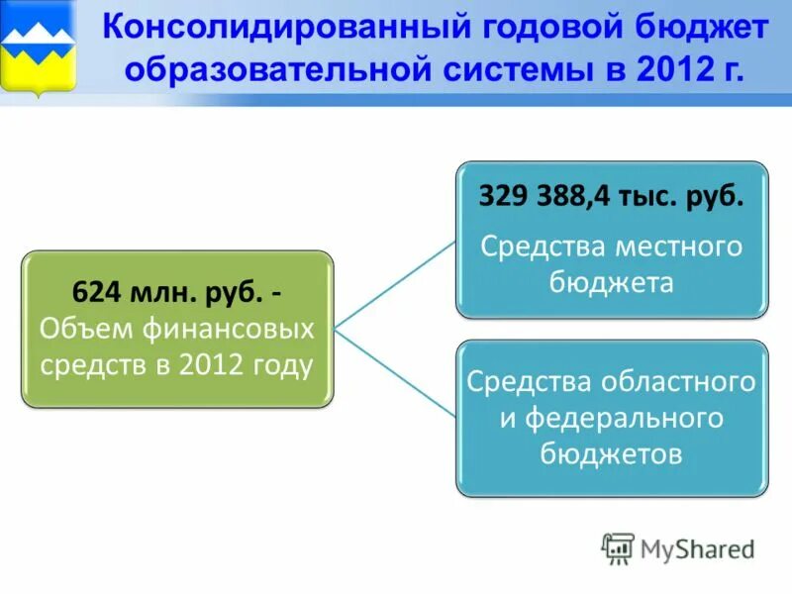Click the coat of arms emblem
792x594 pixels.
(39, 48)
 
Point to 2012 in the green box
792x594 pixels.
(211, 365)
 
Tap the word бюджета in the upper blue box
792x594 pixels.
(611, 282)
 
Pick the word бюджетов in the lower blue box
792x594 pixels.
(611, 453)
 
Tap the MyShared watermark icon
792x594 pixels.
(618, 548)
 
